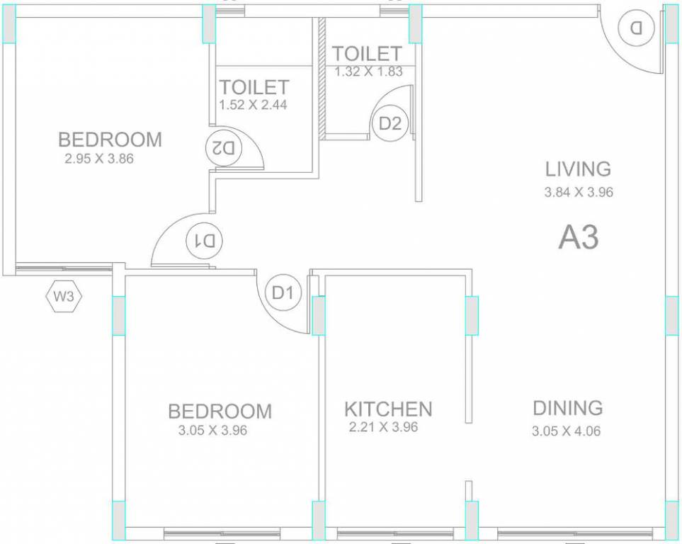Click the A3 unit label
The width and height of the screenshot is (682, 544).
coord(579,238)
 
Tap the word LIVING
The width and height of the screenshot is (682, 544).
coord(578,169)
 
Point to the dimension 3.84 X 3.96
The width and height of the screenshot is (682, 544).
coord(579,191)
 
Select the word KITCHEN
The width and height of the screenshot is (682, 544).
coord(388,409)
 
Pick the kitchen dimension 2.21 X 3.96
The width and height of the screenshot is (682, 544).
coord(383,427)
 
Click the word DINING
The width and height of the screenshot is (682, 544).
coord(568,408)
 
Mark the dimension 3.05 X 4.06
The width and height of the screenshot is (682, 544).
coord(567,431)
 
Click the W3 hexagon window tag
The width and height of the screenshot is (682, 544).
coord(64,297)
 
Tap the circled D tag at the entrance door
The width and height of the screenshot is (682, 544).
coord(635,28)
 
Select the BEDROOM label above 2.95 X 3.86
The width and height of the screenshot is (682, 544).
coord(110,140)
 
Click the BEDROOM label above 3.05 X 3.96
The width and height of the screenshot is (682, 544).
coord(220,411)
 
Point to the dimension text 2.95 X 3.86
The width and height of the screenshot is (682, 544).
coord(99,159)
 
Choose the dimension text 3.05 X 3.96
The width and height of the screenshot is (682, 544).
coord(212,429)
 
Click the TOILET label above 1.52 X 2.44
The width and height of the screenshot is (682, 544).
coord(254,87)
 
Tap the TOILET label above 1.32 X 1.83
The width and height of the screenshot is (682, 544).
coord(367,53)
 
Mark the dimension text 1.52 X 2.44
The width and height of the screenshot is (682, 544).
coord(253,105)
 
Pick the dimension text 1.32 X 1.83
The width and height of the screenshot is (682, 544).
coord(368,71)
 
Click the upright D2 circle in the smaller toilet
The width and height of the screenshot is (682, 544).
coord(390,124)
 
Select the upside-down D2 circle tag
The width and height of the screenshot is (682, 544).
coord(224,148)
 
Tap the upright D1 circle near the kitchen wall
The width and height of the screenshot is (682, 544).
coord(283,293)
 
